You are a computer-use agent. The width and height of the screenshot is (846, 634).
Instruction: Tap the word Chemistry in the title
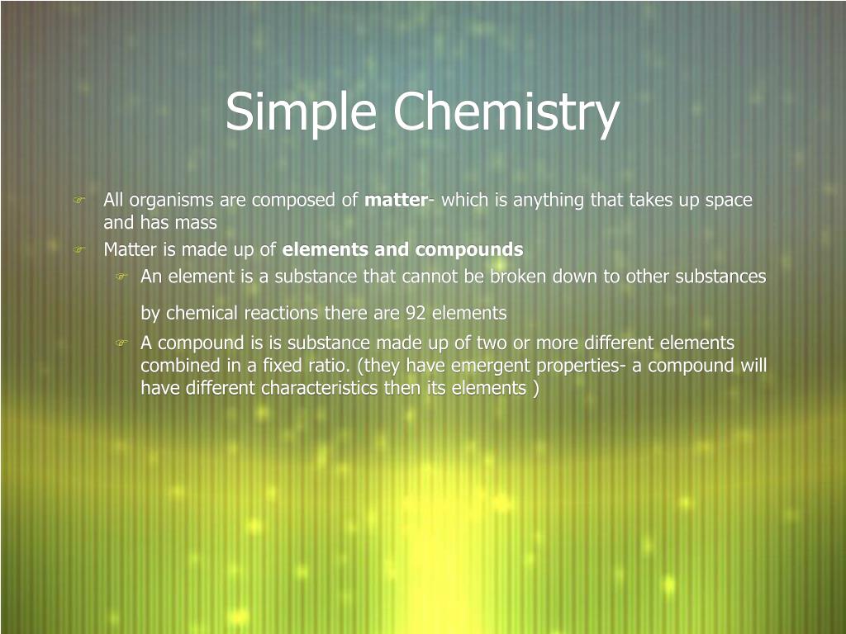coord(506,112)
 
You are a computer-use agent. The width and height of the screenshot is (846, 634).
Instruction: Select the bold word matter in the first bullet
coord(395,200)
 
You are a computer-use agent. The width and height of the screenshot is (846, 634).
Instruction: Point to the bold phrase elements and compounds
coord(403,249)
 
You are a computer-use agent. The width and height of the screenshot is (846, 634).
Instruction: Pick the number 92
coord(416,313)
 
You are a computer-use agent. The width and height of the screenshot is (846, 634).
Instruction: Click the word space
coord(729,200)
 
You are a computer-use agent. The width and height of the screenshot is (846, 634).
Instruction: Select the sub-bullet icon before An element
coord(121,277)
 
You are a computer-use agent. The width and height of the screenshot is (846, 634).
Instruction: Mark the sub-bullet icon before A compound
coord(121,343)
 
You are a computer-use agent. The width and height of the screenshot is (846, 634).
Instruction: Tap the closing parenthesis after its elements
coord(536,388)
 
